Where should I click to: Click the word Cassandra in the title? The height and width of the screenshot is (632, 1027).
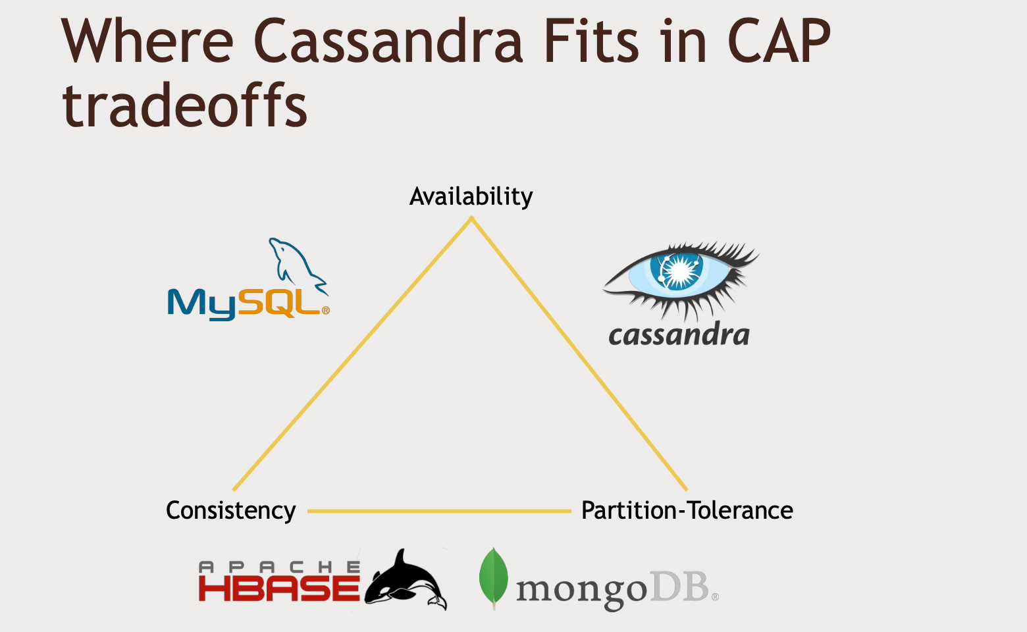pyautogui.click(x=388, y=41)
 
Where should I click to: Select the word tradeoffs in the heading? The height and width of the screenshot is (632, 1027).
pyautogui.click(x=185, y=105)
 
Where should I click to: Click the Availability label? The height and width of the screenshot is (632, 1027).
pyautogui.click(x=471, y=196)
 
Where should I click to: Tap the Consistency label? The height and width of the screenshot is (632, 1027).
pyautogui.click(x=230, y=511)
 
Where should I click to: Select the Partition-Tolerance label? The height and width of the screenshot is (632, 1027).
pyautogui.click(x=687, y=511)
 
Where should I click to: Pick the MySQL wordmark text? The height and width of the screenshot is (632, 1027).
pyautogui.click(x=248, y=303)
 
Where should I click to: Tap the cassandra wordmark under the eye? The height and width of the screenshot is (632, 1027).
pyautogui.click(x=679, y=335)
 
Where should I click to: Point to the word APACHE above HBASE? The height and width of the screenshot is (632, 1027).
pyautogui.click(x=279, y=566)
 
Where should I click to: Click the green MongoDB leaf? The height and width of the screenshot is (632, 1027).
pyautogui.click(x=494, y=577)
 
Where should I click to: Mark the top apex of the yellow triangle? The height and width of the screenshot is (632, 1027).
pyautogui.click(x=471, y=219)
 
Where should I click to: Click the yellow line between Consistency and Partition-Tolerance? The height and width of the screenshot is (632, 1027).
pyautogui.click(x=439, y=511)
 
